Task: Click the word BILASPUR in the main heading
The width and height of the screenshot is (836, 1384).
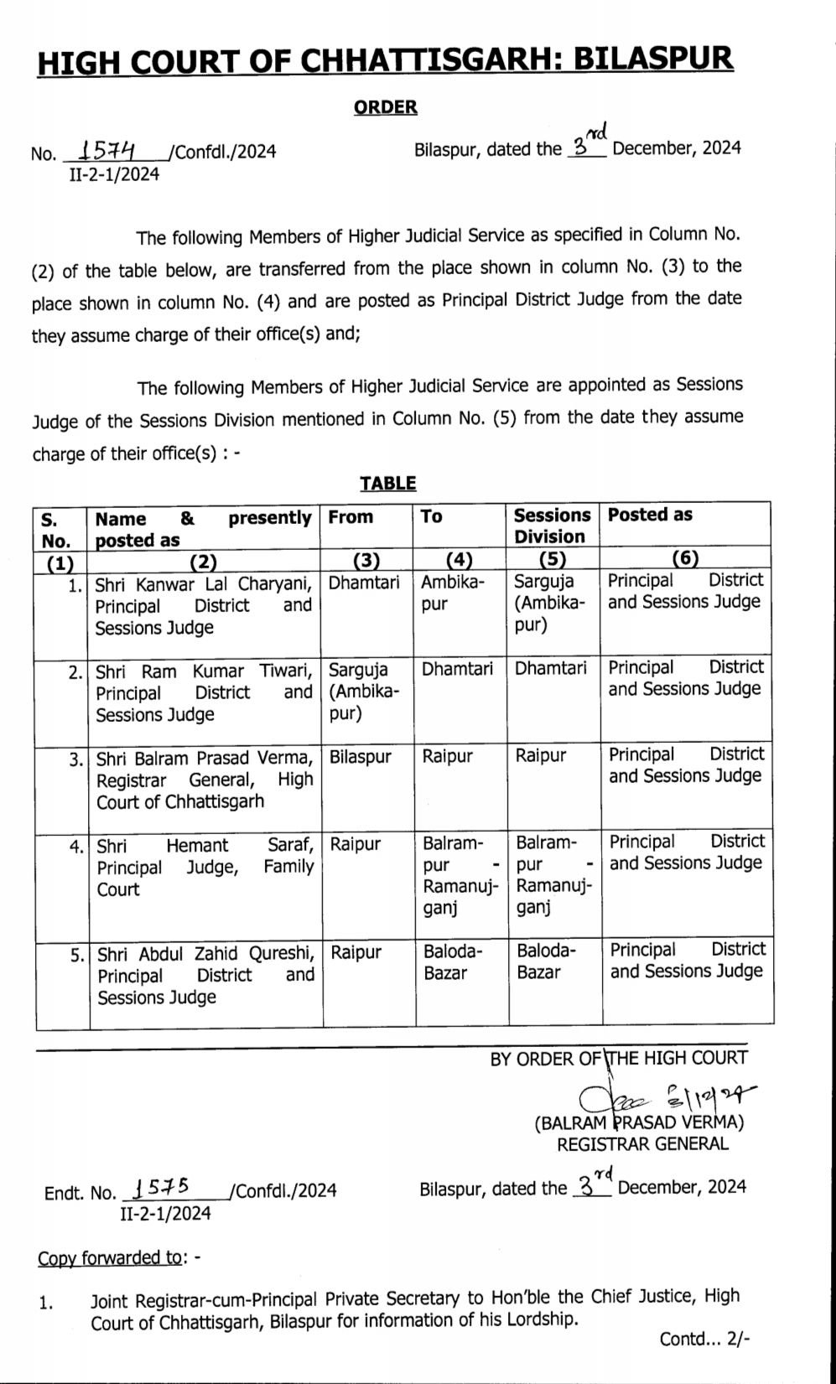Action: pyautogui.click(x=667, y=59)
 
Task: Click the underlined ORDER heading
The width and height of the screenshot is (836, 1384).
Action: pyautogui.click(x=386, y=106)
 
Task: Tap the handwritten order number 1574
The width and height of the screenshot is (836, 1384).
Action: pyautogui.click(x=110, y=150)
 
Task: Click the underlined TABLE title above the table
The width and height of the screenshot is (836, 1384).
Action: pyautogui.click(x=388, y=483)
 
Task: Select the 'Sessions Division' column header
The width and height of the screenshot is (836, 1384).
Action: pyautogui.click(x=552, y=526)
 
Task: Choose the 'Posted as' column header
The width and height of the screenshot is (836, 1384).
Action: pyautogui.click(x=650, y=515)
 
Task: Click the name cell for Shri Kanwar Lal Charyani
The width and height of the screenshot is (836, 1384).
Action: pyautogui.click(x=204, y=604)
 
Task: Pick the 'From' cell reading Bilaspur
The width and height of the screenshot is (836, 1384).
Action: pyautogui.click(x=361, y=756)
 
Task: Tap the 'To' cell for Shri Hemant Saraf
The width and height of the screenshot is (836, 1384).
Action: pyautogui.click(x=460, y=874)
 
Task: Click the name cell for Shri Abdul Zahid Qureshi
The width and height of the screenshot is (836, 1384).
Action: pyautogui.click(x=205, y=975)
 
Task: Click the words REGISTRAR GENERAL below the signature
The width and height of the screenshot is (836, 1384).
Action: pyautogui.click(x=643, y=1143)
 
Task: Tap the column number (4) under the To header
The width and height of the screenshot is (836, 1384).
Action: pyautogui.click(x=460, y=560)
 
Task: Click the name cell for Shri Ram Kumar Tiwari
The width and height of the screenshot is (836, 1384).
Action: pyautogui.click(x=204, y=692)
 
